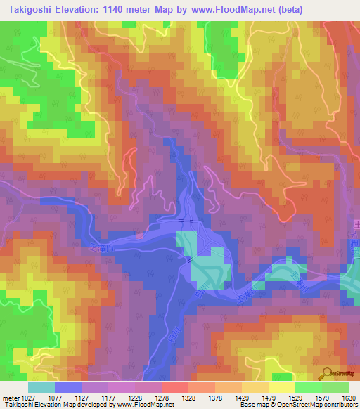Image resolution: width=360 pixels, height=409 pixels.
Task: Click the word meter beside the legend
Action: (8, 397)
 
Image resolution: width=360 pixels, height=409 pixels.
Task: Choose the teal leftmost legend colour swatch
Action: (41, 387)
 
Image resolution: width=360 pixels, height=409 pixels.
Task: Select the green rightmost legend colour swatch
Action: (335, 387)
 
